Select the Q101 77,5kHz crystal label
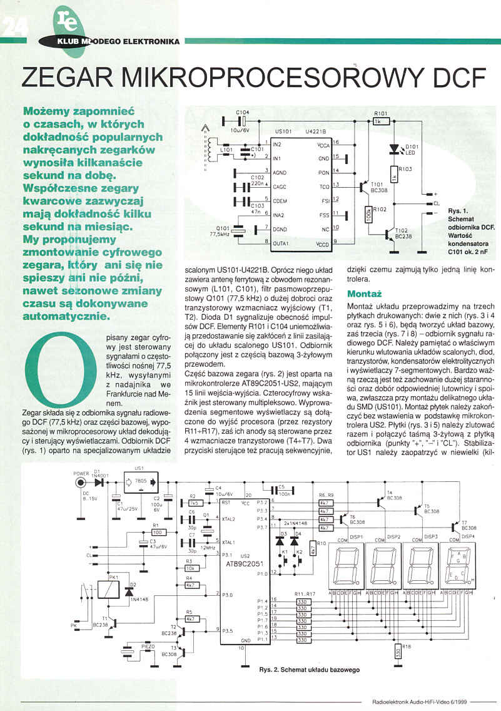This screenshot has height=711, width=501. (x=223, y=230)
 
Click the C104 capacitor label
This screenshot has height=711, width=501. (x=243, y=112)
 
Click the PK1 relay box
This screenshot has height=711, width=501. (x=114, y=586)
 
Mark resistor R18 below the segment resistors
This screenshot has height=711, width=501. (x=397, y=654)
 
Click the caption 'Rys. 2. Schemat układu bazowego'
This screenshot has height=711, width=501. (x=309, y=669)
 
